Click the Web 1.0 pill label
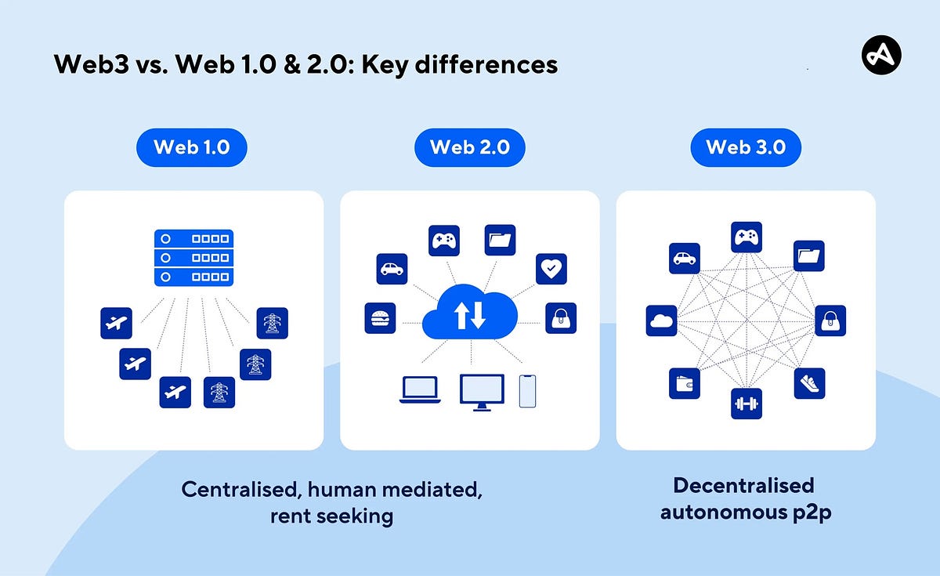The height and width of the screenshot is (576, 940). (x=191, y=147)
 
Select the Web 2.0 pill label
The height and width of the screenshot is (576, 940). (x=469, y=147)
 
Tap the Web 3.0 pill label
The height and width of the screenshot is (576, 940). (x=745, y=147)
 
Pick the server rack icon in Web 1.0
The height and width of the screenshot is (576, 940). (x=193, y=258)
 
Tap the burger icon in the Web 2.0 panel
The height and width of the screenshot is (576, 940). (x=380, y=318)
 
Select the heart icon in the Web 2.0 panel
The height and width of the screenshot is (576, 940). (x=551, y=269)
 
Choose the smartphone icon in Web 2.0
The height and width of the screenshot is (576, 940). (x=527, y=390)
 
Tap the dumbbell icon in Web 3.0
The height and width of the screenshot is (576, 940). (x=746, y=404)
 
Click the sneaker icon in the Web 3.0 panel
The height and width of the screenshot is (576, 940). (x=808, y=383)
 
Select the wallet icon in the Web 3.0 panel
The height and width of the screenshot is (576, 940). (x=684, y=383)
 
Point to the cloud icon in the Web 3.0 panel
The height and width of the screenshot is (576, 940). (x=661, y=321)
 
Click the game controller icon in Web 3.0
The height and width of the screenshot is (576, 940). (x=746, y=237)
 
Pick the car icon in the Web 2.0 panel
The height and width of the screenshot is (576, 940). (x=391, y=269)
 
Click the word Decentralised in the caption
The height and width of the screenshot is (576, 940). (x=743, y=486)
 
